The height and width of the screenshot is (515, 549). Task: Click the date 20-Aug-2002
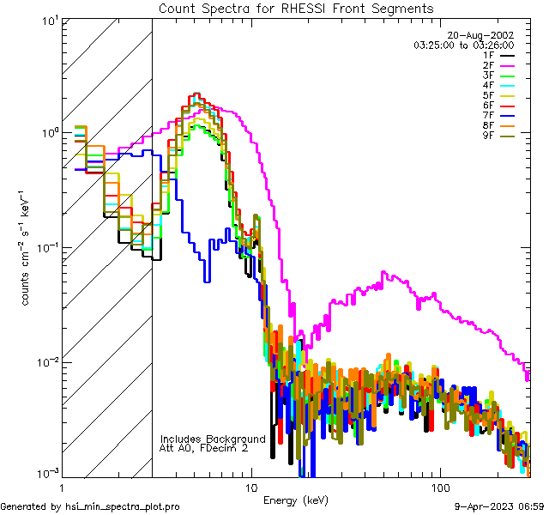[x=486, y=35]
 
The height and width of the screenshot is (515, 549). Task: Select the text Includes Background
[x=213, y=439]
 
